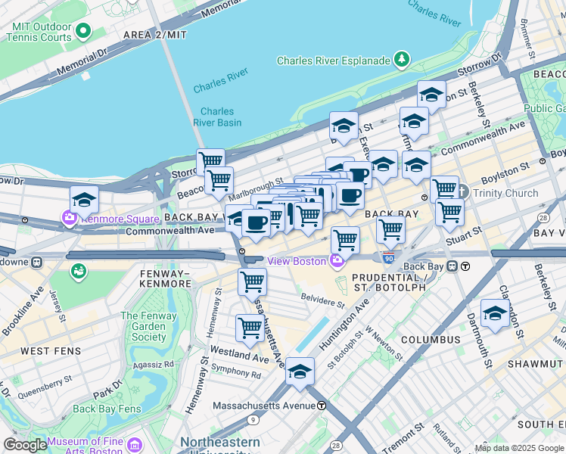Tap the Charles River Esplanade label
(x=334, y=61)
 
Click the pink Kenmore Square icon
(x=70, y=219)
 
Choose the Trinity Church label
(x=505, y=193)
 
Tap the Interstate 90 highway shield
(x=388, y=258)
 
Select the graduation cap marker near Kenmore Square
(x=84, y=200)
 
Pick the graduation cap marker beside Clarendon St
(x=494, y=313)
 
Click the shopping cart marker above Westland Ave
(x=250, y=328)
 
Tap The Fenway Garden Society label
(x=143, y=326)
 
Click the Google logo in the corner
(x=24, y=445)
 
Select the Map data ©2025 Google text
(x=519, y=448)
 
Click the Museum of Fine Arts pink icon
(x=135, y=443)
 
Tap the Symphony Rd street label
(x=236, y=374)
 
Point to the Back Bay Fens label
(x=107, y=409)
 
